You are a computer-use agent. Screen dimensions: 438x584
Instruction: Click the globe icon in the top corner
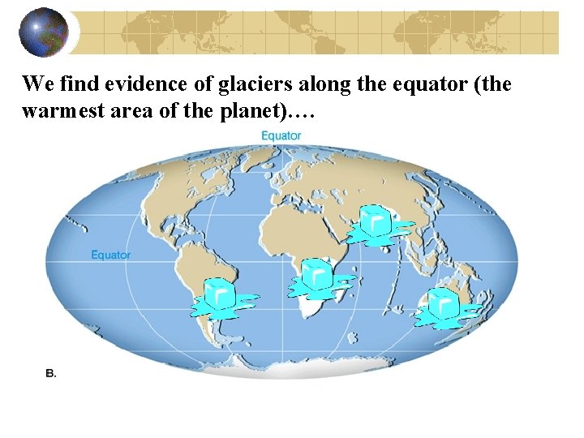click(44, 32)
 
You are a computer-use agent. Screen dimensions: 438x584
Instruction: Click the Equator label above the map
click(281, 135)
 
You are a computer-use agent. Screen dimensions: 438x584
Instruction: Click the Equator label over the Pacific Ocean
click(110, 255)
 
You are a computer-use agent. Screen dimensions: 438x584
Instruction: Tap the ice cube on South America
click(220, 296)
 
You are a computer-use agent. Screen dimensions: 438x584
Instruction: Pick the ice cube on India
click(376, 223)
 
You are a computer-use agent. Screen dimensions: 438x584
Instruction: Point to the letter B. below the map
click(50, 374)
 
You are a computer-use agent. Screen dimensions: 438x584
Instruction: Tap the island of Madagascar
click(355, 287)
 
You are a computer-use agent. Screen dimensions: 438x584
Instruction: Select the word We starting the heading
click(35, 84)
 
